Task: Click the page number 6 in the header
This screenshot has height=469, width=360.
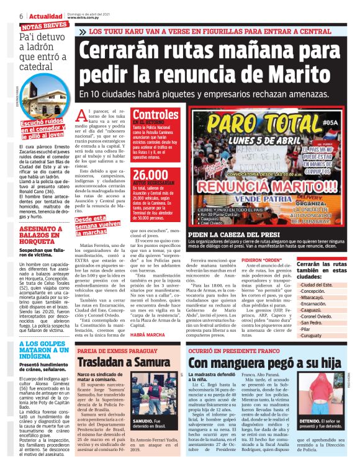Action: pos(4,16)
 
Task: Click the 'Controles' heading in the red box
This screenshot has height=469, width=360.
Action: pos(156,115)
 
